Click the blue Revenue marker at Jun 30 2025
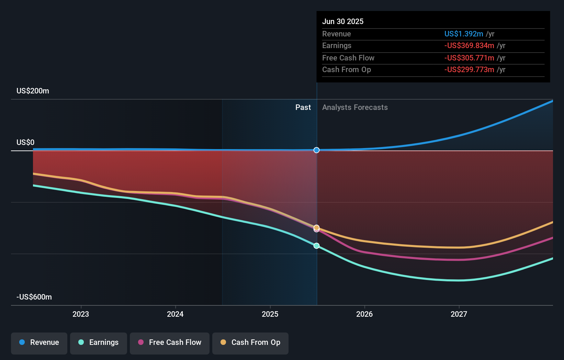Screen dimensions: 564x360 316,150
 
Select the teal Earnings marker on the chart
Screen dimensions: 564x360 316,246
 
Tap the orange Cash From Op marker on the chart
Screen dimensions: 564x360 316,228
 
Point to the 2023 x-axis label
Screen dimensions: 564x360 81,314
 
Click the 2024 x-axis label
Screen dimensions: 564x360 175,314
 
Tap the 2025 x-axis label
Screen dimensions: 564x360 270,314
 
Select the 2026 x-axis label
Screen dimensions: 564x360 364,314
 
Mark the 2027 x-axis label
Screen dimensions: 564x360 459,314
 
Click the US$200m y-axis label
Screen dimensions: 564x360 33,91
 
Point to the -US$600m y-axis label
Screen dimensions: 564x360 34,297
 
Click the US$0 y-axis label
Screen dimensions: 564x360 25,143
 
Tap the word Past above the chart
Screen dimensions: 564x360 303,108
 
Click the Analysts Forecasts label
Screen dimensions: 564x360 355,108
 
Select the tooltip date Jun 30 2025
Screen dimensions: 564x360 343,22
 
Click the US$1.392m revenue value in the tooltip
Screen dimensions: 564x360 464,34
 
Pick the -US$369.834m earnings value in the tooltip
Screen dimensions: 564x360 469,46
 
